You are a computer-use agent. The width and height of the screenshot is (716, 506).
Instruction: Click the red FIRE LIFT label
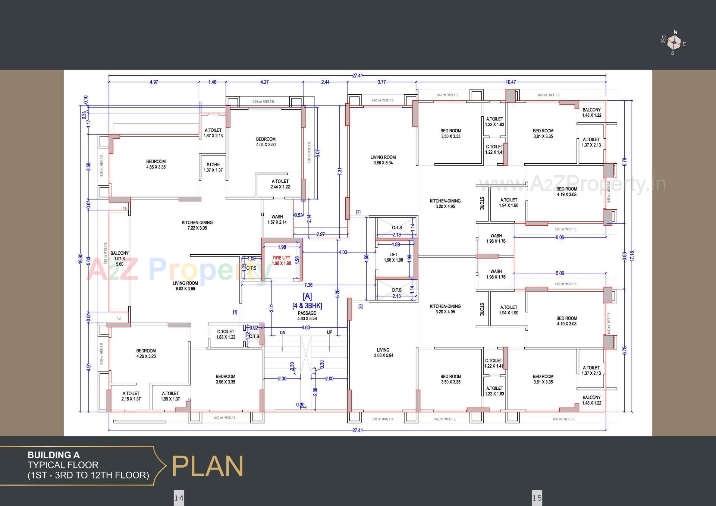pos(281,260)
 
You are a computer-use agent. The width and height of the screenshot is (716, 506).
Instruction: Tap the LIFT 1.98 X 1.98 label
pos(393,257)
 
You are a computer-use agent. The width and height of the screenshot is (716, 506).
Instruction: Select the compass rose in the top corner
pos(673,43)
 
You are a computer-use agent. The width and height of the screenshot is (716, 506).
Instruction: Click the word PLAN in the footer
pos(207,466)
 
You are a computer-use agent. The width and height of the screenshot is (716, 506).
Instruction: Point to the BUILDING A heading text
pos(53,455)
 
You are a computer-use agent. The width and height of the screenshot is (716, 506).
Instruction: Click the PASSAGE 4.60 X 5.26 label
pos(307,316)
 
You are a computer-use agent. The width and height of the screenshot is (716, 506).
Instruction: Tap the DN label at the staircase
pos(283,332)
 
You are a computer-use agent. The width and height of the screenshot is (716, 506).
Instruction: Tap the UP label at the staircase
pos(330,332)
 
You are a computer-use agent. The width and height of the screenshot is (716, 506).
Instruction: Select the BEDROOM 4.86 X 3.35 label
pos(156,164)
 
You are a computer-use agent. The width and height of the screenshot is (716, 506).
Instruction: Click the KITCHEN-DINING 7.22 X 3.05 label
pos(197,225)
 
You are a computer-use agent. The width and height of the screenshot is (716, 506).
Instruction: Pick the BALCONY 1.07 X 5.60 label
pos(119,258)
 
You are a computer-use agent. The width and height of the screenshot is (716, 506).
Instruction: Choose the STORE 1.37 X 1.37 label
pos(213,167)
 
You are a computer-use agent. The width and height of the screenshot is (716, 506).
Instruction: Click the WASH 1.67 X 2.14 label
pos(277,219)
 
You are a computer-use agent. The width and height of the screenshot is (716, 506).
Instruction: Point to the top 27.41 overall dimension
pos(357,76)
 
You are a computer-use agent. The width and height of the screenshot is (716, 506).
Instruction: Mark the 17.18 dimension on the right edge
pos(632,256)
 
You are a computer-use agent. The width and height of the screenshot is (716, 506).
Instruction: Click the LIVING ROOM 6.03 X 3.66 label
pos(185,286)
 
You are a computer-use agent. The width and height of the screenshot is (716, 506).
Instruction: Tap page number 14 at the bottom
pos(179,498)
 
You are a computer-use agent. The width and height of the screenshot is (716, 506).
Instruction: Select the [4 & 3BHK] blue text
pos(307,305)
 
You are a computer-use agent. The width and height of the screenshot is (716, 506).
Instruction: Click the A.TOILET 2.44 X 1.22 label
pos(280,184)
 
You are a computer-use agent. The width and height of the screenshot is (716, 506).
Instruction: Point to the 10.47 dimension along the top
pos(511,82)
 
